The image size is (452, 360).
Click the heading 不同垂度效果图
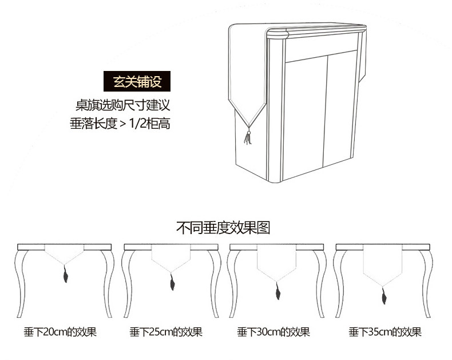[x=223, y=228]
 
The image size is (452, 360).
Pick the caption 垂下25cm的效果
[x=166, y=332]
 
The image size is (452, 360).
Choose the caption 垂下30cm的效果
[x=273, y=332]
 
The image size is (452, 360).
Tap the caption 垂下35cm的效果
[x=385, y=332]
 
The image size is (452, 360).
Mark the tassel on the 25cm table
[x=171, y=282]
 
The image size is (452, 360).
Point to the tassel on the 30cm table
[x=277, y=293]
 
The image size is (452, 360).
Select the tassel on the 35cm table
[x=384, y=298]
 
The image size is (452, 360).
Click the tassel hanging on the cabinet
[x=248, y=137]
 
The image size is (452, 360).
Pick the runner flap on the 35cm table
[x=383, y=269]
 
